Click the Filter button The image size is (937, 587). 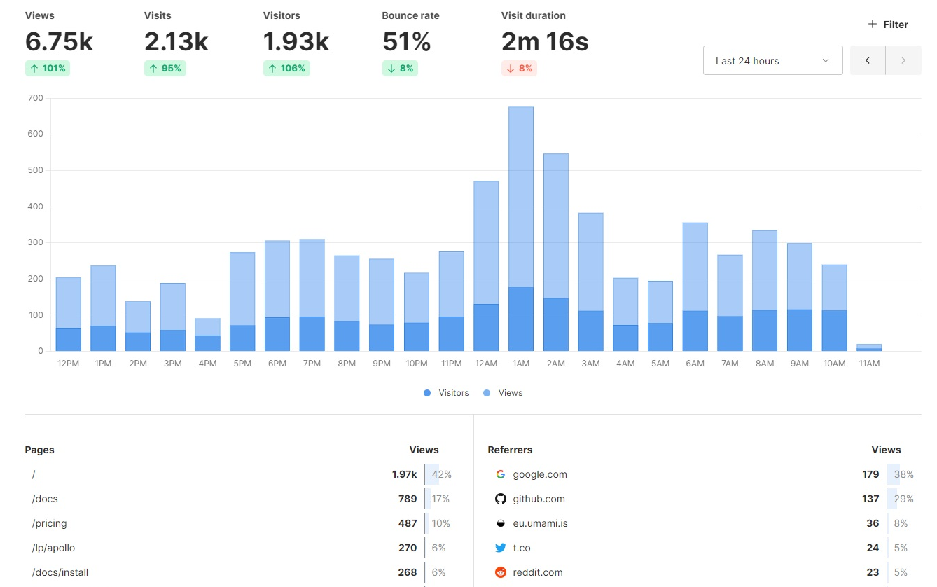pyautogui.click(x=888, y=25)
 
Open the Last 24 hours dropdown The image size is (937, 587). pyautogui.click(x=772, y=61)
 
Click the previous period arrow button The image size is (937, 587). pyautogui.click(x=868, y=61)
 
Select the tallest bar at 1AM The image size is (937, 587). pyautogui.click(x=520, y=210)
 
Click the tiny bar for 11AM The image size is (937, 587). pyautogui.click(x=869, y=347)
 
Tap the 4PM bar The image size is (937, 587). pyautogui.click(x=207, y=335)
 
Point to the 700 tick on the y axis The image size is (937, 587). pyautogui.click(x=35, y=98)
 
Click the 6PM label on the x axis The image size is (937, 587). pyautogui.click(x=277, y=364)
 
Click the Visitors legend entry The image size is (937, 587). pyautogui.click(x=446, y=393)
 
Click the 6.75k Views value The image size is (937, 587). pyautogui.click(x=59, y=42)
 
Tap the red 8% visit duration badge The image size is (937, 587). pyautogui.click(x=519, y=69)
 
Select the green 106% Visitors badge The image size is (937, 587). pyautogui.click(x=286, y=69)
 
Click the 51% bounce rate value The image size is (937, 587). pyautogui.click(x=406, y=42)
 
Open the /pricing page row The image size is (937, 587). pyautogui.click(x=49, y=523)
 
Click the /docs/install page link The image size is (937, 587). pyautogui.click(x=60, y=572)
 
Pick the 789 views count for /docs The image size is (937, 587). pyautogui.click(x=407, y=499)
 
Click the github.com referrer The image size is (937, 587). pyautogui.click(x=539, y=499)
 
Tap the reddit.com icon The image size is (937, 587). pyautogui.click(x=500, y=572)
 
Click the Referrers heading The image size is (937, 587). pyautogui.click(x=510, y=450)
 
